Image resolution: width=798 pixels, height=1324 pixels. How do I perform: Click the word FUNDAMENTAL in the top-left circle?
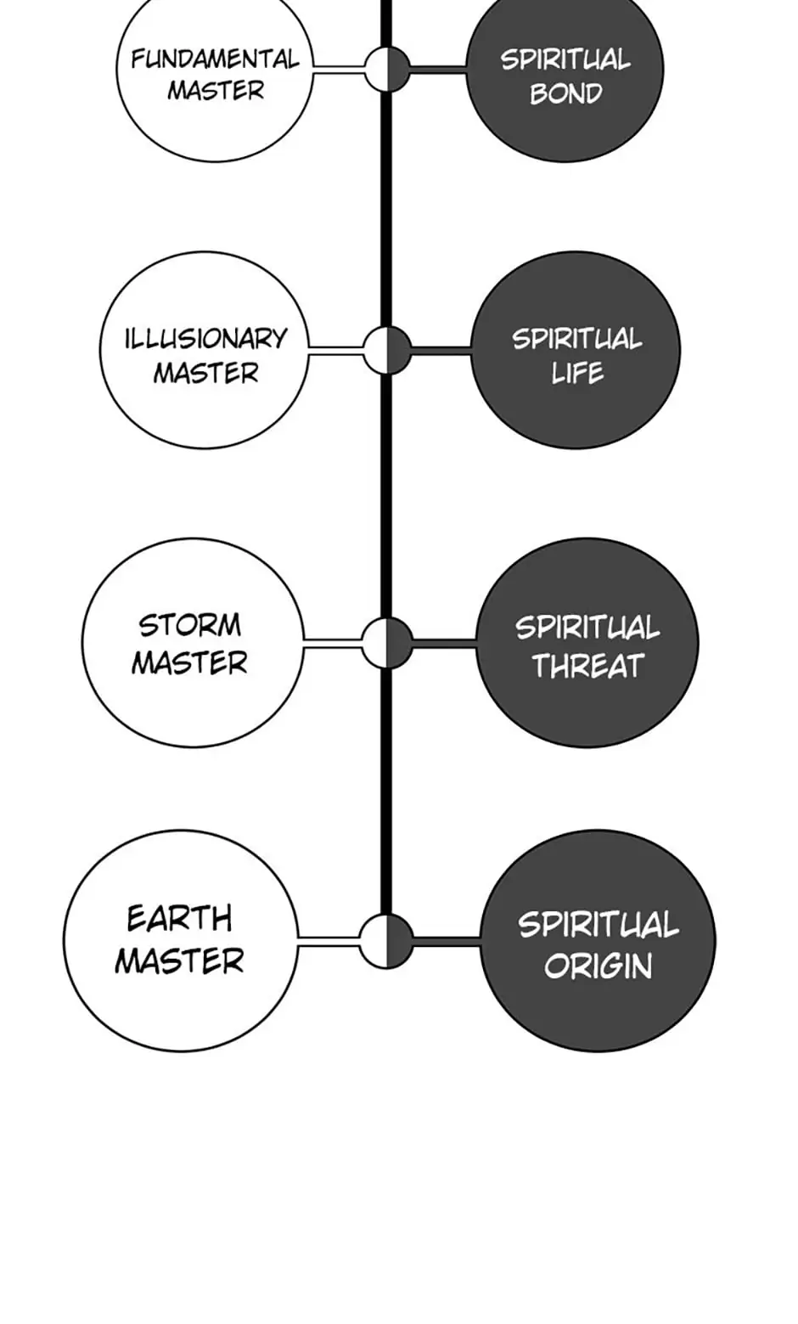tap(215, 59)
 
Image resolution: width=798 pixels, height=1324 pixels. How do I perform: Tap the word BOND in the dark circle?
tap(566, 93)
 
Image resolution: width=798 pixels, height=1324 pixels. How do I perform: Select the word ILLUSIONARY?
tap(205, 339)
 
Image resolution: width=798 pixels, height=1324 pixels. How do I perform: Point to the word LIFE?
tap(577, 373)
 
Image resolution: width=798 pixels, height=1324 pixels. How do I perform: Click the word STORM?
tap(189, 626)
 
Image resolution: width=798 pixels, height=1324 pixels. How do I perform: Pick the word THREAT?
tap(587, 666)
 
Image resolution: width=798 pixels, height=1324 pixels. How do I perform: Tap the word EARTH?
tap(180, 919)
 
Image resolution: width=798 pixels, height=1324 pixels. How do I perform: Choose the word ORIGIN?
tap(598, 966)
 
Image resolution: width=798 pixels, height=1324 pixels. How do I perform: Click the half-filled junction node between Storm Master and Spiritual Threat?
tap(387, 643)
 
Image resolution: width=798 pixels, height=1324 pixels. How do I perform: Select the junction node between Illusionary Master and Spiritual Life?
tap(387, 350)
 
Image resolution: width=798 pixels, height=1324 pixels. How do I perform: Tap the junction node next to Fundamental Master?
tap(387, 69)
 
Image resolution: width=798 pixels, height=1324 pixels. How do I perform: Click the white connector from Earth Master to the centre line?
tap(329, 942)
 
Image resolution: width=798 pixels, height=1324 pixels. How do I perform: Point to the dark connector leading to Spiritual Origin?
tap(447, 942)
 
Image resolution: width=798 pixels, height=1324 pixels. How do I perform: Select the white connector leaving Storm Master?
tap(332, 643)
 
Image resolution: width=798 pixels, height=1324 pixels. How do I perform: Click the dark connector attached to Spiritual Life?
tap(441, 351)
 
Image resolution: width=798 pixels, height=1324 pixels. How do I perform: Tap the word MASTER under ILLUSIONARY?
tap(206, 374)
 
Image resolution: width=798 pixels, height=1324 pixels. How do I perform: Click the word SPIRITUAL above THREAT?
tap(587, 627)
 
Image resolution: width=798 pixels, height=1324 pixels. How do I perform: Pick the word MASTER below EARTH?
tap(180, 961)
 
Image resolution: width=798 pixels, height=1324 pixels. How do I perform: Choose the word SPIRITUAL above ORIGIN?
tap(598, 925)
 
